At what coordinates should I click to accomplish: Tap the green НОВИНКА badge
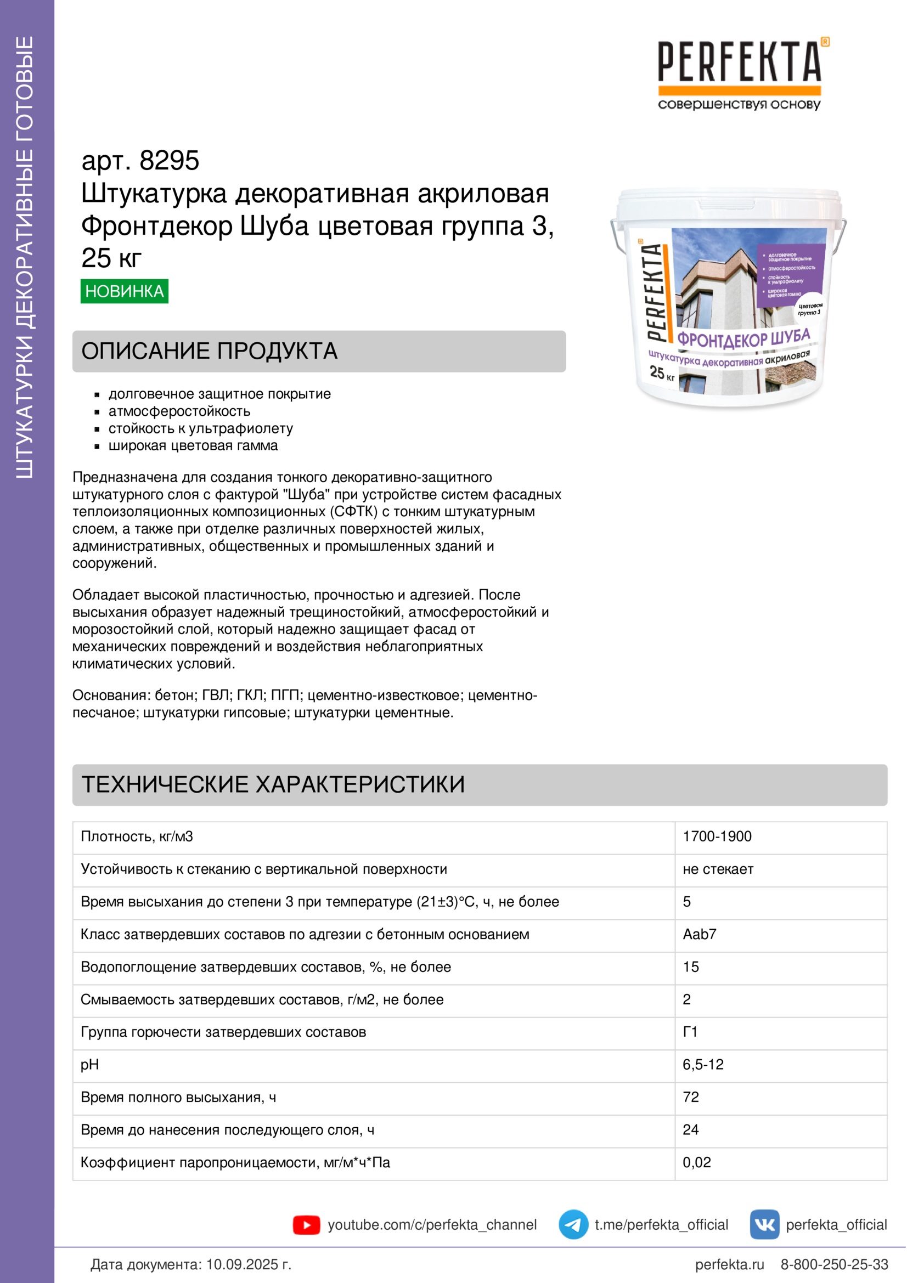click(x=124, y=291)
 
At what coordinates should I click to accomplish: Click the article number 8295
click(x=169, y=161)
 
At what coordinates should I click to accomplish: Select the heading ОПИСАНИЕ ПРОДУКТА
click(x=210, y=351)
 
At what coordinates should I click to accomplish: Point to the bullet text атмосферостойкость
click(x=179, y=411)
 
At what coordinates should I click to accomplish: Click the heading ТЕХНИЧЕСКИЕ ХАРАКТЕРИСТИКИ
click(x=273, y=784)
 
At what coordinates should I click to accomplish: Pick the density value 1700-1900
click(x=717, y=837)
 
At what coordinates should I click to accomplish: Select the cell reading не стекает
click(x=718, y=869)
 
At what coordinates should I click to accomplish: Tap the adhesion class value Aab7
click(x=700, y=934)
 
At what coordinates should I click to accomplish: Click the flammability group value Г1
click(x=690, y=1032)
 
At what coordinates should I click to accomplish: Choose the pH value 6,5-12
click(x=703, y=1065)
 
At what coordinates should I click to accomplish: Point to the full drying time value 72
click(x=691, y=1097)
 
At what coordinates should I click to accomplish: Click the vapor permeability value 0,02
click(x=697, y=1162)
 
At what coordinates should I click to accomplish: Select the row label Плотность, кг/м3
click(x=137, y=837)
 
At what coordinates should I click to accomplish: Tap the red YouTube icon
click(x=306, y=1225)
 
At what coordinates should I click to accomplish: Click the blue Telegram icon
click(x=573, y=1225)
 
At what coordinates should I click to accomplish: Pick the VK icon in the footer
click(x=764, y=1225)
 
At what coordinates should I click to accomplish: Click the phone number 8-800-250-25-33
click(x=834, y=1264)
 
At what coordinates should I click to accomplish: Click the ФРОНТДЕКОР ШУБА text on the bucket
click(x=743, y=338)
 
